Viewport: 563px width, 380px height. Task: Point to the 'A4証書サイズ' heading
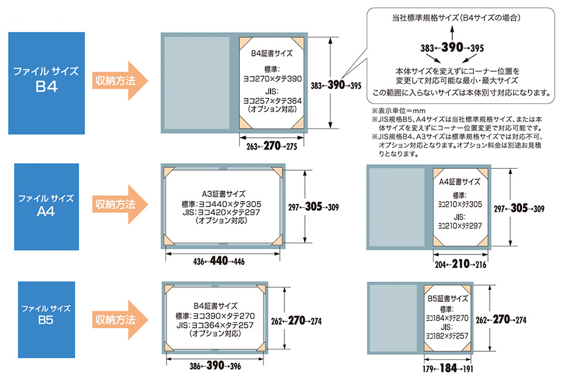point(460,182)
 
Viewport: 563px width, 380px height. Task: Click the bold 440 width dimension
point(218,261)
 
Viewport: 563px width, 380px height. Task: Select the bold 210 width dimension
point(460,264)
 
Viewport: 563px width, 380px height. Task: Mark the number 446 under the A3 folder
point(239,262)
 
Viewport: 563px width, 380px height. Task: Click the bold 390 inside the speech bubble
point(459,48)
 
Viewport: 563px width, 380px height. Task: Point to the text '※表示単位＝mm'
point(394,110)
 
